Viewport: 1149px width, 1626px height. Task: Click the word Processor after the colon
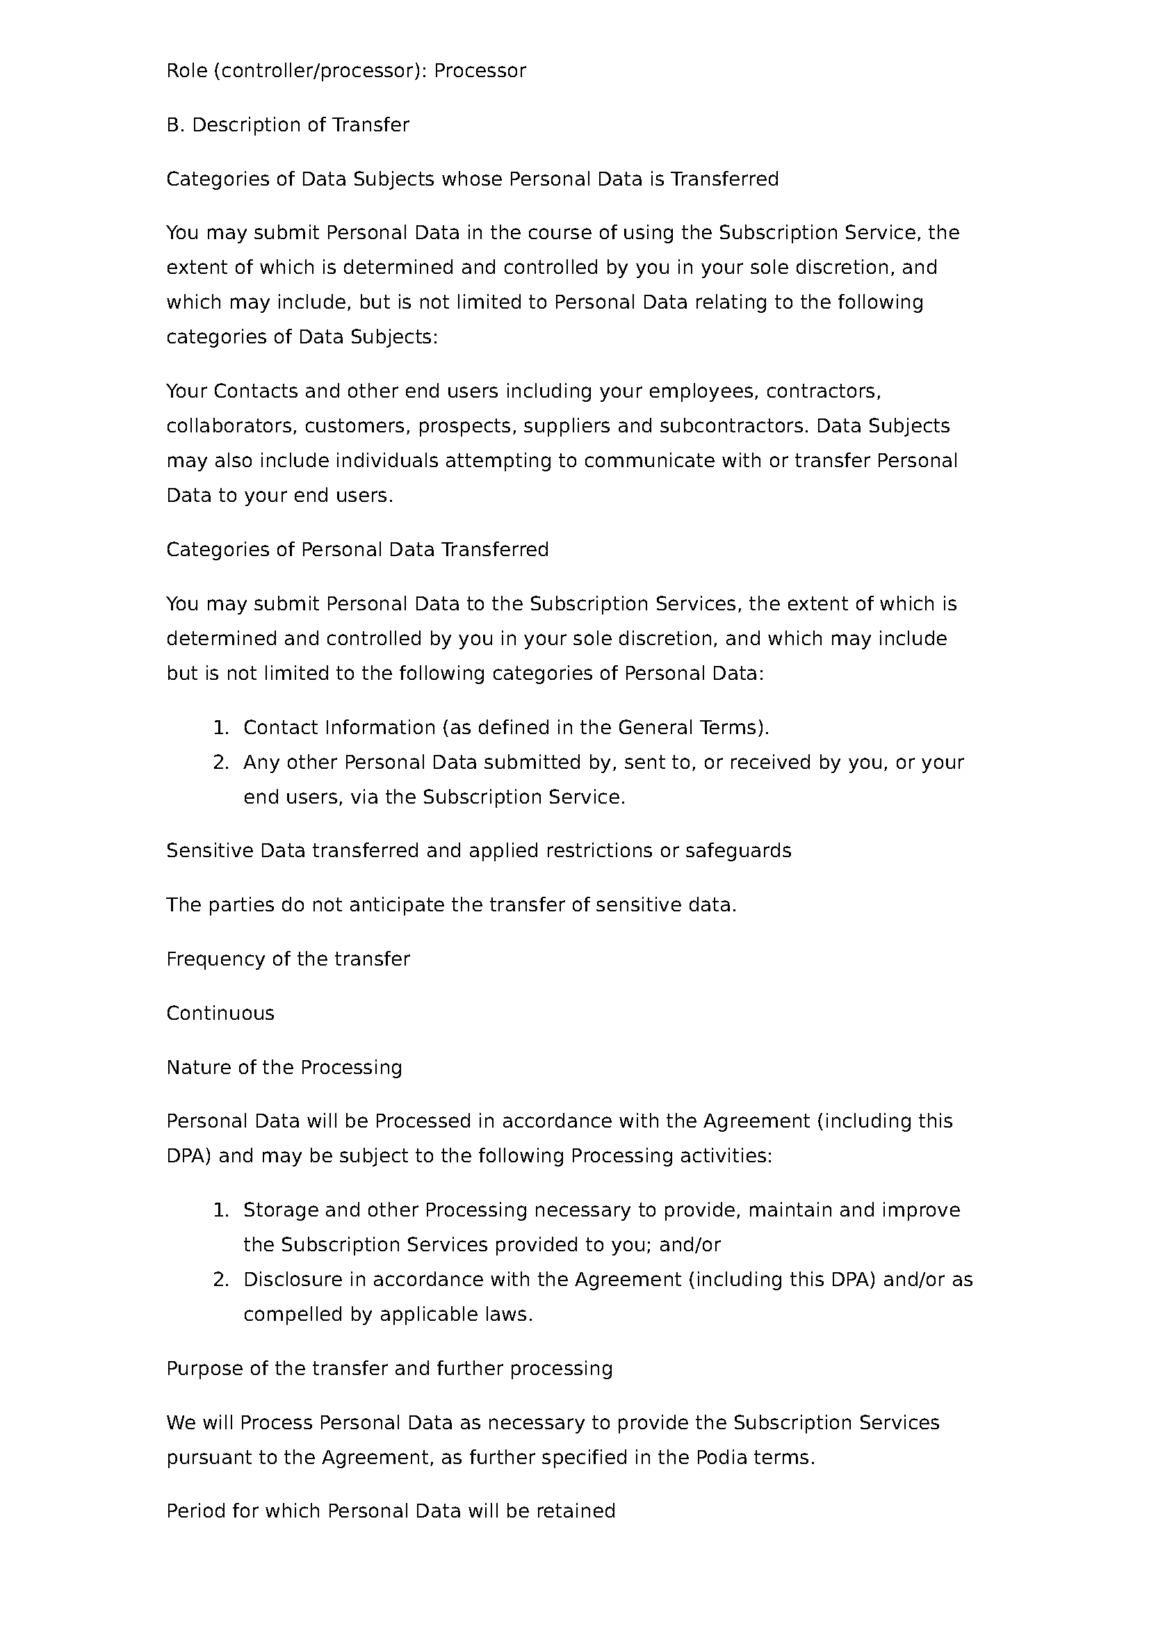(480, 71)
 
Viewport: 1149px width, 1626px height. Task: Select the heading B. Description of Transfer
(288, 125)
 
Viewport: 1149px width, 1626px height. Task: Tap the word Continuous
(220, 1014)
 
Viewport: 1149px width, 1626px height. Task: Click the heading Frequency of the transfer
(288, 959)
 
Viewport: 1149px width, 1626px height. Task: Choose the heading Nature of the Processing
(284, 1067)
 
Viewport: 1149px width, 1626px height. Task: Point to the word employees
(703, 391)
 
